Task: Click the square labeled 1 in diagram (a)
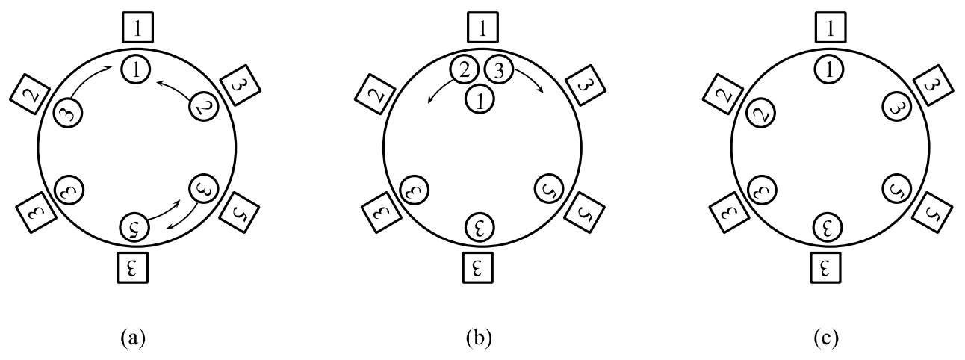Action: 137,27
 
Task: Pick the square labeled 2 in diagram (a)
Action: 31,94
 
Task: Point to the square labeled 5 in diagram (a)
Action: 239,212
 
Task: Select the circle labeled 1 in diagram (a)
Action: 136,69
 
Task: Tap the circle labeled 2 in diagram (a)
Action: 204,106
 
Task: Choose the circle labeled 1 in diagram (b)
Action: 480,99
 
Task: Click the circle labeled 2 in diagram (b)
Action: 464,69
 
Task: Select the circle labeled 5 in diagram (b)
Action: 549,189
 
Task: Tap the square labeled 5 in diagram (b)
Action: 585,212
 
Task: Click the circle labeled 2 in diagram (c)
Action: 760,113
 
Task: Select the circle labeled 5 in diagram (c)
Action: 897,189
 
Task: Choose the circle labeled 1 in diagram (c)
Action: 829,69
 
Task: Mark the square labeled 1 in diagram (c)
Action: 830,27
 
